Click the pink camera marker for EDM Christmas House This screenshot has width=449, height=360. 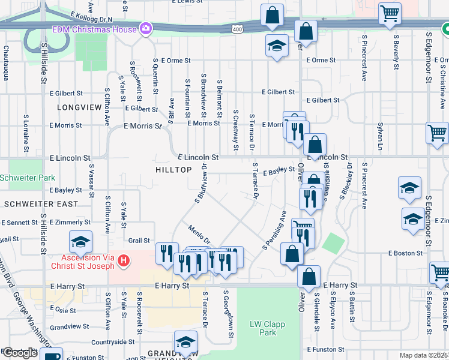point(145,28)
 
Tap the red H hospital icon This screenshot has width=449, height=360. point(123,260)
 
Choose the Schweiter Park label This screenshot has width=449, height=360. point(27,178)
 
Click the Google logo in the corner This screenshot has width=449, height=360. point(20,353)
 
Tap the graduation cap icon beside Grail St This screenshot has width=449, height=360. point(80,242)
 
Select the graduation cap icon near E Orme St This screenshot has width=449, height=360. point(276,47)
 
